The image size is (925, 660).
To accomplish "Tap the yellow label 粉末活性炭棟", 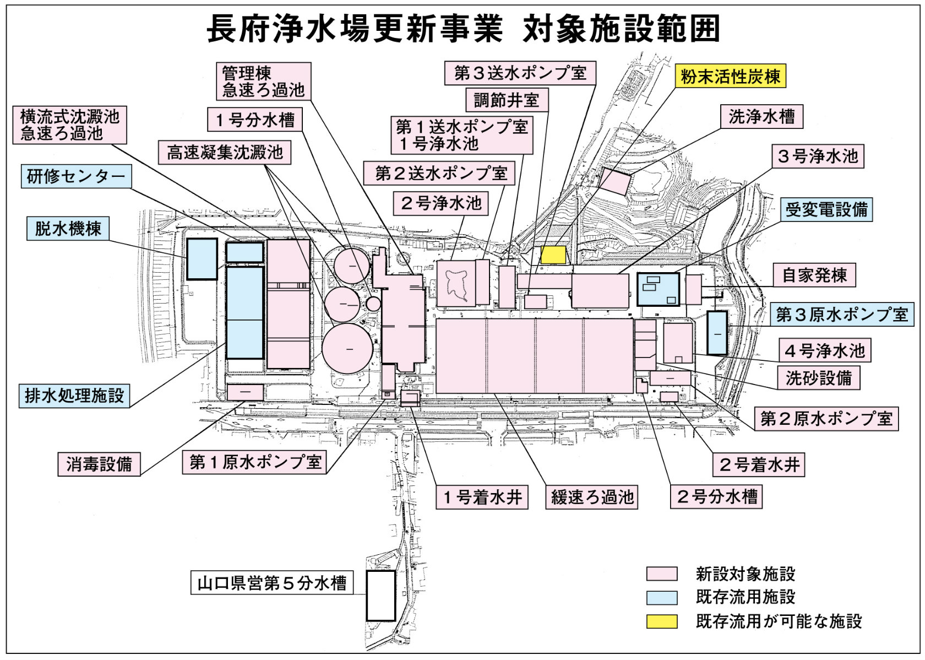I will click(730, 77).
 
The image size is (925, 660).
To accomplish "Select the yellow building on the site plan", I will click(553, 255).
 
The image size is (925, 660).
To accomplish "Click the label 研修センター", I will click(76, 176).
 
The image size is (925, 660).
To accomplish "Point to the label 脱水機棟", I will click(68, 229).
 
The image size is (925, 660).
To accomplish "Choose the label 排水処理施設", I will click(74, 396).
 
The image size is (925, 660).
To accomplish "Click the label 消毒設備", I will click(99, 464).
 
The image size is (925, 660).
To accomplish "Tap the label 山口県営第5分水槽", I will click(272, 583).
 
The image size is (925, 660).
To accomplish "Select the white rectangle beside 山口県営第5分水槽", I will click(380, 596).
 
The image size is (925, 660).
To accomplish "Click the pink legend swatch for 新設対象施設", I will click(662, 574).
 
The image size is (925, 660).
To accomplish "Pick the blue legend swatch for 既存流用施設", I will click(662, 598).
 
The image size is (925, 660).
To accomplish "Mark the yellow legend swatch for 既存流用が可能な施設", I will click(662, 621).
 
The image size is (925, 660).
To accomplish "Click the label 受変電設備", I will click(826, 209).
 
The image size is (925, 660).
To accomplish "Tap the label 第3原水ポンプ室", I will click(842, 315).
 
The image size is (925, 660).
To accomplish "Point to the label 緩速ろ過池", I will click(592, 497).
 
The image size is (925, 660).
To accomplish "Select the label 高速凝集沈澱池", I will click(225, 153).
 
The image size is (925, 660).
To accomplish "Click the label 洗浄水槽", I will click(761, 117).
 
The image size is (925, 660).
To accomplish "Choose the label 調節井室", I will click(507, 100).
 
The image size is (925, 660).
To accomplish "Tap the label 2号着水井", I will click(759, 465).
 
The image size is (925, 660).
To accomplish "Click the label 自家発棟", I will click(814, 275).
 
